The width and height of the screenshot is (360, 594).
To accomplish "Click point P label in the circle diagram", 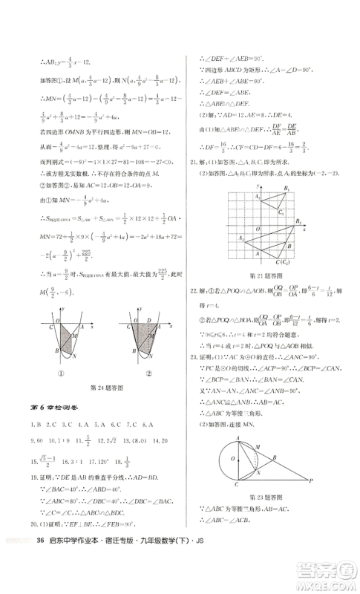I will tap(312, 478).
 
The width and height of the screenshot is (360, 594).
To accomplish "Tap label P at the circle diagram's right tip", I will tap(312, 478).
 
